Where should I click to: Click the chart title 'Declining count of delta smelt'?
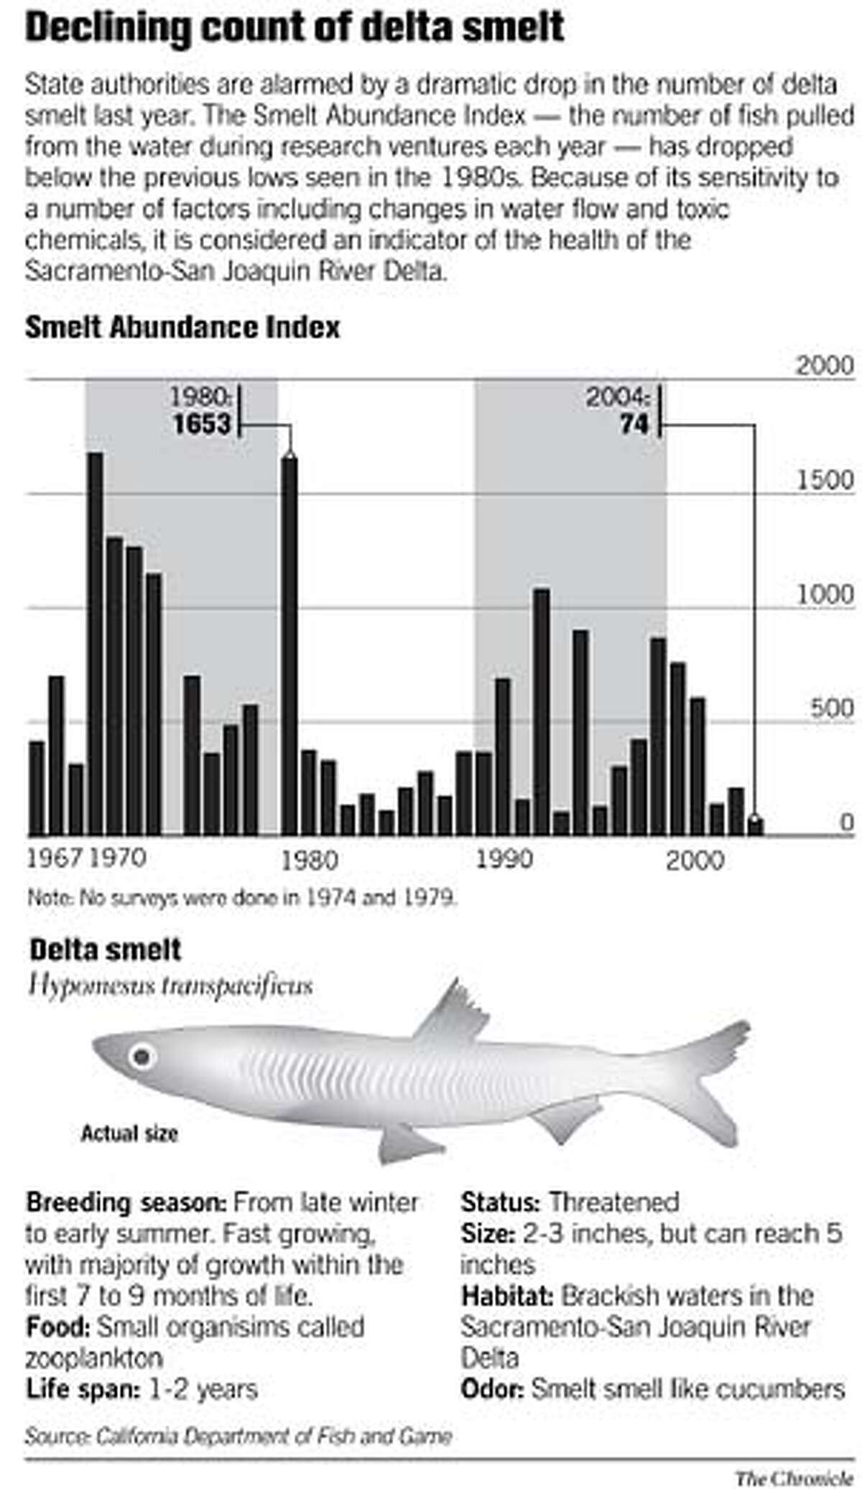coord(295,29)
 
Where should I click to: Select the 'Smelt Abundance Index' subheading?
coord(182,328)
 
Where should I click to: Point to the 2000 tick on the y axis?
coord(825,366)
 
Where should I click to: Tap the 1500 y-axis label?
coord(826,481)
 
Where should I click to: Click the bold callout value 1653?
coord(202,424)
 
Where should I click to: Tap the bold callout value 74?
coord(634,424)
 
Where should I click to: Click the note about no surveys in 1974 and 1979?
coord(242,898)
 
